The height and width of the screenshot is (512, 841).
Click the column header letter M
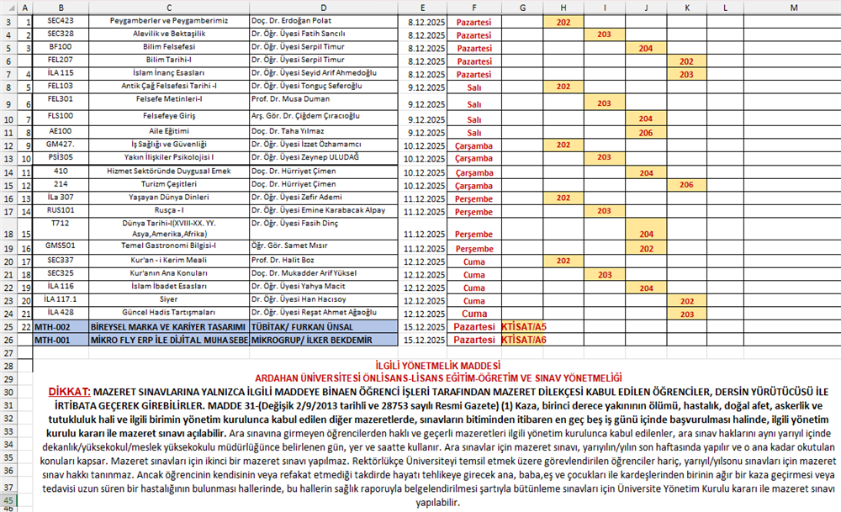pyautogui.click(x=794, y=7)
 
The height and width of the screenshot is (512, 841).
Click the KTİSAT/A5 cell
pyautogui.click(x=523, y=326)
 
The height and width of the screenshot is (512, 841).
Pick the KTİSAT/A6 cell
pyautogui.click(x=523, y=340)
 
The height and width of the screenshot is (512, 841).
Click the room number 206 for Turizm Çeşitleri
pyautogui.click(x=686, y=184)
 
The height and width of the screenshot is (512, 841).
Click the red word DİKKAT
pyautogui.click(x=68, y=392)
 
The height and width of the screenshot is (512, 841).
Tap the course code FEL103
pyautogui.click(x=61, y=86)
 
